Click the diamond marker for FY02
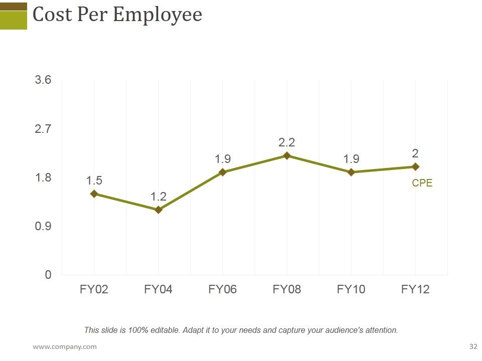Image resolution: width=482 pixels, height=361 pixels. (x=94, y=194)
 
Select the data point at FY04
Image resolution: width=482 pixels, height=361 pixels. (x=158, y=210)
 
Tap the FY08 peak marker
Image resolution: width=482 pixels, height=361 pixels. (x=287, y=155)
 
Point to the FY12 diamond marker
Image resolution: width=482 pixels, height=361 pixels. (x=415, y=166)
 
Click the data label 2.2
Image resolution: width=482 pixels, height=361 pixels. (x=287, y=142)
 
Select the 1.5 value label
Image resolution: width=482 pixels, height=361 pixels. (x=94, y=180)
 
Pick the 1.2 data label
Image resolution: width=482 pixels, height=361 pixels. (x=158, y=197)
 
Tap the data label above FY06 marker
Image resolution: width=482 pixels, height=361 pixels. (x=222, y=159)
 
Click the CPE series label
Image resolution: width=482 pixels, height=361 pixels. (x=422, y=183)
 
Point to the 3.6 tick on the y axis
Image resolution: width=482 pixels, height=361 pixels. (x=43, y=80)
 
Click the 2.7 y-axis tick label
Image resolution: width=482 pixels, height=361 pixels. (x=43, y=129)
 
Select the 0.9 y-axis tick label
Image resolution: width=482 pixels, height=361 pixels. (x=43, y=226)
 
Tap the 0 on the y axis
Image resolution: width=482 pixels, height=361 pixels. (x=48, y=275)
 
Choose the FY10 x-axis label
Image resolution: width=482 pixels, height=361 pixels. (x=351, y=289)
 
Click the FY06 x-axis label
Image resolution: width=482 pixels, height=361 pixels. (x=222, y=289)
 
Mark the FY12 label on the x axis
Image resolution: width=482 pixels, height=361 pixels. (x=415, y=289)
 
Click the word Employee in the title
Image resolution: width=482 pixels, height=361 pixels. (x=158, y=15)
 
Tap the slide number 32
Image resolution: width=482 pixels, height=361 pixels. (x=473, y=346)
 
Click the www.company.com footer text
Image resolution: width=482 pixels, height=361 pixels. (x=65, y=347)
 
